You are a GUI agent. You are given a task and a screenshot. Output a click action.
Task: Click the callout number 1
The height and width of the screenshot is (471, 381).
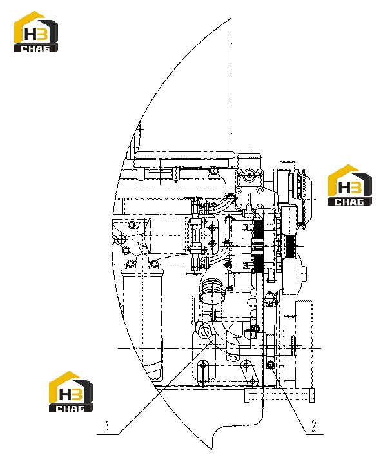click(107, 426)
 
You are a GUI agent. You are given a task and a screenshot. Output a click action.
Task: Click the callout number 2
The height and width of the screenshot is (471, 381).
click(314, 426)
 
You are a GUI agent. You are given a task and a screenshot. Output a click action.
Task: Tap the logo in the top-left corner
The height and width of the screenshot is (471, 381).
click(36, 32)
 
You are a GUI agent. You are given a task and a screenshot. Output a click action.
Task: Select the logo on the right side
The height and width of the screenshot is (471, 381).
click(350, 185)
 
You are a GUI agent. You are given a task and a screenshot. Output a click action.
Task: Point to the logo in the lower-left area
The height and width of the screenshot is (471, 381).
click(71, 392)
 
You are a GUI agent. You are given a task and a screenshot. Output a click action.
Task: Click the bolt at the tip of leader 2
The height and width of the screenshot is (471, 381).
click(270, 365)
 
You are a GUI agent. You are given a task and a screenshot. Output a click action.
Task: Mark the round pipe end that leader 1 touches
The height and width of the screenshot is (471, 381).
click(204, 333)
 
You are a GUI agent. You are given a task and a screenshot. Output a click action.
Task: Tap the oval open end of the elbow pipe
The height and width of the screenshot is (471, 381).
click(233, 358)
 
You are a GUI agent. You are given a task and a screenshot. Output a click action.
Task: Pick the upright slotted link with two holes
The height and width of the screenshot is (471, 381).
click(203, 373)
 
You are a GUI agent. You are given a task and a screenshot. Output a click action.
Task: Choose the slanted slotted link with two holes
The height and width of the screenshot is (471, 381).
click(249, 373)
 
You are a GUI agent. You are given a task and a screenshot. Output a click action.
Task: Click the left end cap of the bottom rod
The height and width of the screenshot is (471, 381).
click(247, 395)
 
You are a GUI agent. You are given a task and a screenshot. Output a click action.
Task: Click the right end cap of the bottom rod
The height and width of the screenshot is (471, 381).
click(312, 395)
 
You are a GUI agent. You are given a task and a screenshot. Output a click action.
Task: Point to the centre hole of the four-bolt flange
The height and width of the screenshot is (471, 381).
click(249, 175)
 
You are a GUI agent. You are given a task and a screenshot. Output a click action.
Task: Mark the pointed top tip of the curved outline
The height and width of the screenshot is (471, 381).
click(231, 18)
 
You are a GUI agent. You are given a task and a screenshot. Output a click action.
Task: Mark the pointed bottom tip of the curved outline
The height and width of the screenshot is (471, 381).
click(211, 449)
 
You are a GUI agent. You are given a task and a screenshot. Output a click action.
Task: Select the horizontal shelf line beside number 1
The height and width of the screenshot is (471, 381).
click(107, 434)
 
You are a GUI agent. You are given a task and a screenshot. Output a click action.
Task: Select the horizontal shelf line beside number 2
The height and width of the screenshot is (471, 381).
click(315, 434)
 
